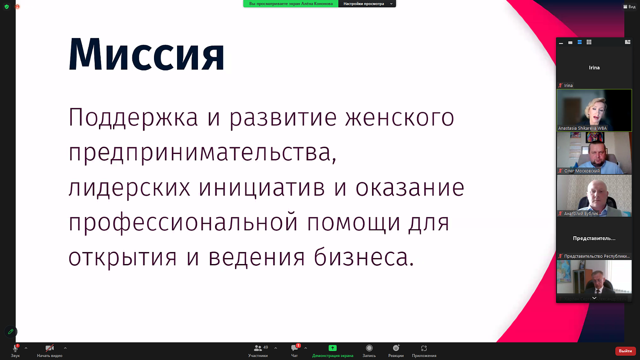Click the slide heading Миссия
(146, 55)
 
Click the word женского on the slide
(399, 118)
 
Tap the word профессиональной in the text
(183, 223)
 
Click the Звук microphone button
(15, 350)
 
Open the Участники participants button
(258, 350)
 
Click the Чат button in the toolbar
(294, 350)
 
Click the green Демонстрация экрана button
(332, 350)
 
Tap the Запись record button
(369, 350)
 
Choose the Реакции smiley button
(396, 350)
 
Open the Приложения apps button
(424, 350)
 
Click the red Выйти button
(625, 351)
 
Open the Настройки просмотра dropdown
(367, 4)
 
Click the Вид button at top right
(629, 7)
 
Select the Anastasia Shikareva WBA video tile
(594, 110)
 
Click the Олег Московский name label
(582, 171)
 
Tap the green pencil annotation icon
(11, 331)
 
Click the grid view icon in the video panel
(589, 42)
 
